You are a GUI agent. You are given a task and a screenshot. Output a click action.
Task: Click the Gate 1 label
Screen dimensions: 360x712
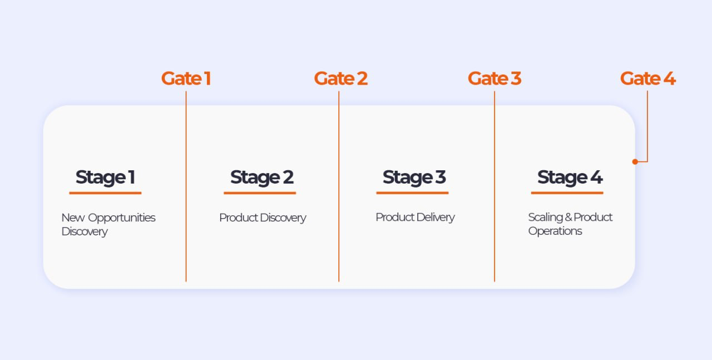pos(186,78)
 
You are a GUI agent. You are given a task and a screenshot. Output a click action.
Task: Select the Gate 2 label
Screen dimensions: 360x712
pos(340,78)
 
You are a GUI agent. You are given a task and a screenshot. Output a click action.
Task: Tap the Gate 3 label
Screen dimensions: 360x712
pos(494,78)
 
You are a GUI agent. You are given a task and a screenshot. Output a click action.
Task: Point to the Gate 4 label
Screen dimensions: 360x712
pos(647,78)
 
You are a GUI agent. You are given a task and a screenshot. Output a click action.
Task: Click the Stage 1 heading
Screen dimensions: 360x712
pos(105,177)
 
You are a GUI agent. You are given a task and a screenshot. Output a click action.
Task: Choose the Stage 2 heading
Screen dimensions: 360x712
pos(261,177)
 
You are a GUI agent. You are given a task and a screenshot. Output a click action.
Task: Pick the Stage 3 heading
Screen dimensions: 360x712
pos(414,177)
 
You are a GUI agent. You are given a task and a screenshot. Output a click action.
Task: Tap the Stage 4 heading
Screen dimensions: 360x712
pos(570,177)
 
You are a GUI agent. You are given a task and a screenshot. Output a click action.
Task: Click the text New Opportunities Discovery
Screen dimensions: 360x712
pos(108,224)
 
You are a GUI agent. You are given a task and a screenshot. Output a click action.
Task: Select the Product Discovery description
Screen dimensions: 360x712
pos(263,218)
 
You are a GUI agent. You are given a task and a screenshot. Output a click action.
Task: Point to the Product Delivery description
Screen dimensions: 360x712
pos(415,217)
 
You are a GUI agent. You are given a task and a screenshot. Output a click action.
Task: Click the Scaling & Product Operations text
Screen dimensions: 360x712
pos(570,224)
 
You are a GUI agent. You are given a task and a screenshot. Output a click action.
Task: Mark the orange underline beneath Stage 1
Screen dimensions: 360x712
pos(105,193)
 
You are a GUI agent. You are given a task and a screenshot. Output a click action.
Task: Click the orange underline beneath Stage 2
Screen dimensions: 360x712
pos(260,193)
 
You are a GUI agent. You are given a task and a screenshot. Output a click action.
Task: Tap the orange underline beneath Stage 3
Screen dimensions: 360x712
pos(412,193)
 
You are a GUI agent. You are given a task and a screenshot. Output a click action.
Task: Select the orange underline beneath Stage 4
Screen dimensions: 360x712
pos(567,193)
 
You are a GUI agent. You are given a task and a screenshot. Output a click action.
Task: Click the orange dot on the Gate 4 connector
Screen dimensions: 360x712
pos(635,162)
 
